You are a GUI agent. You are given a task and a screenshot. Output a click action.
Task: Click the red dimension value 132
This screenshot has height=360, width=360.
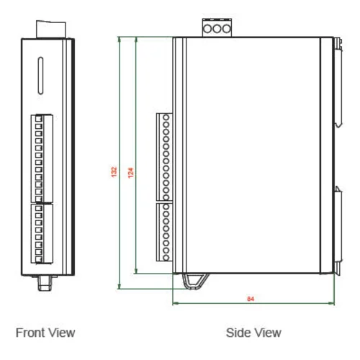pyautogui.click(x=114, y=173)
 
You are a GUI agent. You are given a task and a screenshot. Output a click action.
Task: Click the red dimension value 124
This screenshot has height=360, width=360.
pyautogui.click(x=130, y=173)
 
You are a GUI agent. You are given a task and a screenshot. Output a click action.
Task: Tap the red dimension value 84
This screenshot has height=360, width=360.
pyautogui.click(x=250, y=298)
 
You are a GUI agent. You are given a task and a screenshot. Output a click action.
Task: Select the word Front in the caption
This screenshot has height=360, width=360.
pyautogui.click(x=32, y=333)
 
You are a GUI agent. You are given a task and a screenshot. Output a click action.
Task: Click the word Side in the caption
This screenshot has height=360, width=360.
pyautogui.click(x=238, y=333)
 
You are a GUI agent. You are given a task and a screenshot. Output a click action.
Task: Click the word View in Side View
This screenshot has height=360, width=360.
pyautogui.click(x=267, y=333)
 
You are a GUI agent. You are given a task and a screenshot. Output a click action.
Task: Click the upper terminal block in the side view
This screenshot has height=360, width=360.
pyautogui.click(x=164, y=156)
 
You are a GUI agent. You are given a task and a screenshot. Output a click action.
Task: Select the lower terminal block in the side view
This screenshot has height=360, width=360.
pyautogui.click(x=164, y=231)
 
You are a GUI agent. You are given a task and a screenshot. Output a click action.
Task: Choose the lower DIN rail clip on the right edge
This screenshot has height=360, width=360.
pyautogui.click(x=337, y=230)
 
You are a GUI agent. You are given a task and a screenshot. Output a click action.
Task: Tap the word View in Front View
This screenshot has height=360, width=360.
pyautogui.click(x=61, y=333)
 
